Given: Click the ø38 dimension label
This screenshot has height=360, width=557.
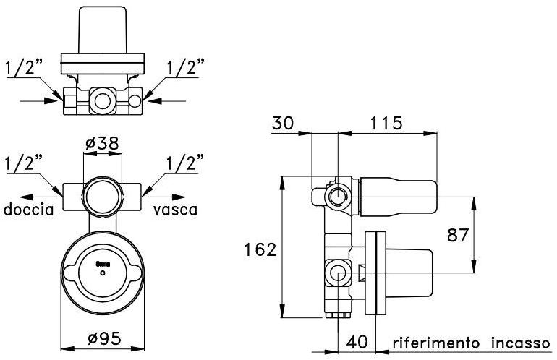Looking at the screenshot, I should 102,143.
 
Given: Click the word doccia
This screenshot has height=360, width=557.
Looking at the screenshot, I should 29,210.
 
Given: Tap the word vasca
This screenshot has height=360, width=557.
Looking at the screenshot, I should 175,210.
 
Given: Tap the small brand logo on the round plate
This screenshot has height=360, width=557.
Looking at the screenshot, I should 102,265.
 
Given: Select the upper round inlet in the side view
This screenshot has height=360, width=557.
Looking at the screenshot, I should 338,195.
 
